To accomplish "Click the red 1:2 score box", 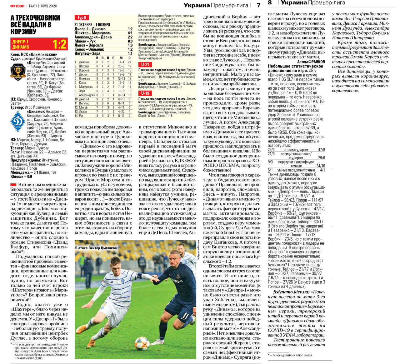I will coord(59,44).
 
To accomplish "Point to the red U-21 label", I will coord(145,64).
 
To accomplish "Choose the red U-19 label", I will coord(145,93).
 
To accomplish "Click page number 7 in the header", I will coord(258,5).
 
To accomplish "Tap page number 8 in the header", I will coord(270,3).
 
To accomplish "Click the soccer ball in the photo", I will coord(142,343).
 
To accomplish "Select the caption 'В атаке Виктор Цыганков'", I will coord(96,248).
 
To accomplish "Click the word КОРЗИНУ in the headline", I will coord(23,32).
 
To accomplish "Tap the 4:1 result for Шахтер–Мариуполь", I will coord(130,33).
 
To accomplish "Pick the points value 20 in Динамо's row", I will coord(129,62).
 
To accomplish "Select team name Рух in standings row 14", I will coord(81,116).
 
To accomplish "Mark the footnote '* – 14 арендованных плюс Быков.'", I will coord(290,355).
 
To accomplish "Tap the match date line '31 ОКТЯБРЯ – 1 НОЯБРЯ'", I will coord(92,24).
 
